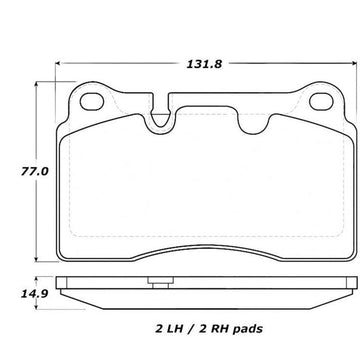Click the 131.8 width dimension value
click(204, 64)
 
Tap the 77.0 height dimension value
click(35, 172)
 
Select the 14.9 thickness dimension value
click(35, 294)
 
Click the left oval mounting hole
click(92, 102)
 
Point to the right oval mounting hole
click(321, 102)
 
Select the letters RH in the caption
click(220, 329)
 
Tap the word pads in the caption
click(248, 330)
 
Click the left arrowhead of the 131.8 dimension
click(57, 63)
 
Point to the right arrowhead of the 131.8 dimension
click(355, 63)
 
